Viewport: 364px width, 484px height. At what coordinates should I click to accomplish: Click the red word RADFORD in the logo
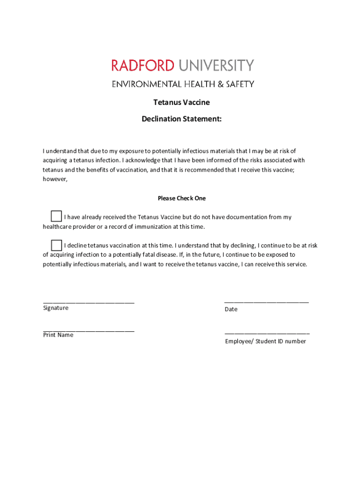pos(143,65)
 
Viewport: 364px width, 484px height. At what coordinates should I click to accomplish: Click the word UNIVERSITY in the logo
pos(215,65)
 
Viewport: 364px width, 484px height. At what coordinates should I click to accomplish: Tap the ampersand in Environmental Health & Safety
pos(220,84)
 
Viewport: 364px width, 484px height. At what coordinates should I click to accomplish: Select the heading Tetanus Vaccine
pos(182,102)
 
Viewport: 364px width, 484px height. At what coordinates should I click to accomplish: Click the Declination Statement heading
pos(182,119)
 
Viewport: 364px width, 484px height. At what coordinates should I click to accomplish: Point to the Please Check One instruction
pos(182,198)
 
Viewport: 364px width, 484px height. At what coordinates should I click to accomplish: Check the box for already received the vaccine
pos(56,216)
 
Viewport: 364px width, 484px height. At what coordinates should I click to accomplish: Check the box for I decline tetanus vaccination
pos(56,245)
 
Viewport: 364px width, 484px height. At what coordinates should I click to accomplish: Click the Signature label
pos(56,308)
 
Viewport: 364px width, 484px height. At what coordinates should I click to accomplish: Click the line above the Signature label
pos(88,302)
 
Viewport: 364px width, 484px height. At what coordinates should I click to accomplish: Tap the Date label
pos(231,309)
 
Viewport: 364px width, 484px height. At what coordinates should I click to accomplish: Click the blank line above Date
pos(267,301)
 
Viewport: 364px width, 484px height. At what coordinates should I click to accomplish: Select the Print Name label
pos(58,335)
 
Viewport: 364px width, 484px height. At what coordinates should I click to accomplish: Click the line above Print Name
pos(88,330)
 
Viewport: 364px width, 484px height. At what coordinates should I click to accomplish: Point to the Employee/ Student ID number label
pos(265,341)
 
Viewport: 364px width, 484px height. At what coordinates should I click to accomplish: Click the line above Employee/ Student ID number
pos(267,334)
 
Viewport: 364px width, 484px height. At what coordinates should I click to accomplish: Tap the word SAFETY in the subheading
pos(241,84)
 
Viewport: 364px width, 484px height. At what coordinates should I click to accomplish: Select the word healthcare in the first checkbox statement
pos(58,226)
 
